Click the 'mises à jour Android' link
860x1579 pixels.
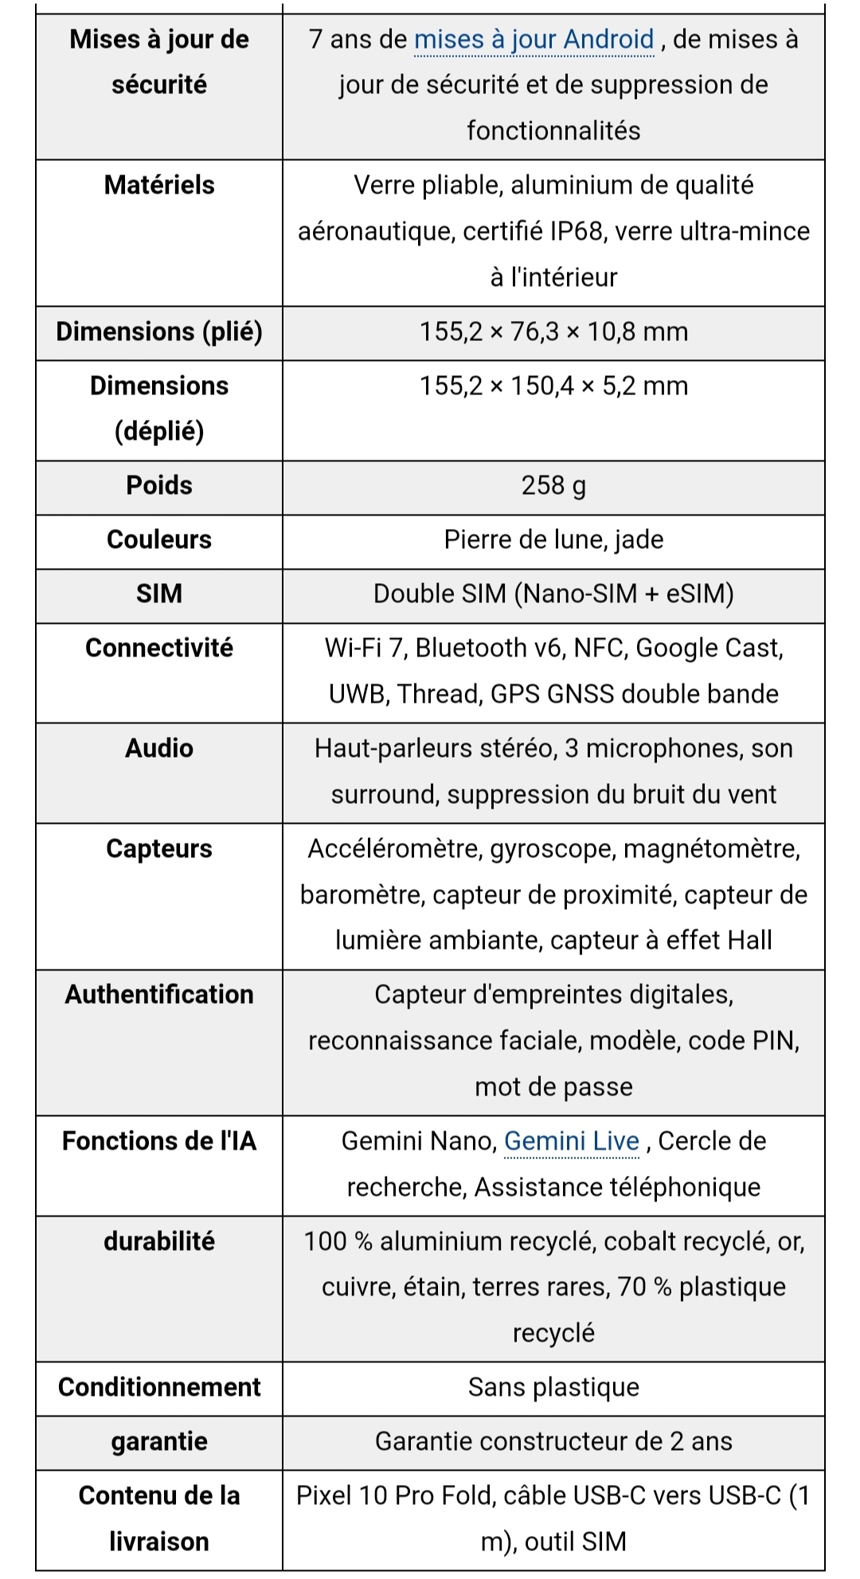(x=534, y=39)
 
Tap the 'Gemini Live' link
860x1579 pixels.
(x=571, y=1141)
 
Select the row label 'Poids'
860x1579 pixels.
(x=159, y=485)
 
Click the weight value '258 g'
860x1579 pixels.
(x=553, y=485)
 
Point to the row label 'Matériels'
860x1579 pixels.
(x=159, y=185)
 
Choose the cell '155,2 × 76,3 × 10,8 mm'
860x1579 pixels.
(x=553, y=331)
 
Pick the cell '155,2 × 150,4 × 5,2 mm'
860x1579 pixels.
(x=553, y=386)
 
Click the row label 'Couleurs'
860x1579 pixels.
(x=159, y=539)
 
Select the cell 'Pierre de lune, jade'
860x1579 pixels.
(x=553, y=539)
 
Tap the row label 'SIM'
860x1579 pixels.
(x=159, y=594)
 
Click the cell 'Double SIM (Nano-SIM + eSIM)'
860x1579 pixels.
(x=553, y=594)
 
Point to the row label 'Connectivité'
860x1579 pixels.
(x=159, y=648)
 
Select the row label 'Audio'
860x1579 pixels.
(x=159, y=748)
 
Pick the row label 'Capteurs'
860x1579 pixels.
(x=159, y=848)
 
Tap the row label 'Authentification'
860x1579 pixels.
(x=159, y=994)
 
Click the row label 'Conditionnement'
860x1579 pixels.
(x=159, y=1387)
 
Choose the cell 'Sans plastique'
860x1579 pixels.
(x=553, y=1387)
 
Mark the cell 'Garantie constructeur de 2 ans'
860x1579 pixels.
(x=553, y=1441)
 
